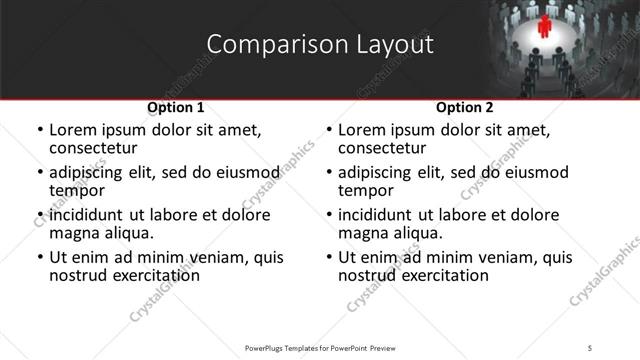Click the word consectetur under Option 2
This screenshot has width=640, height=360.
tap(382, 149)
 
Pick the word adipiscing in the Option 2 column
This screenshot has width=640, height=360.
tap(375, 172)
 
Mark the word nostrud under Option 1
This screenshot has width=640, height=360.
tap(78, 275)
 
